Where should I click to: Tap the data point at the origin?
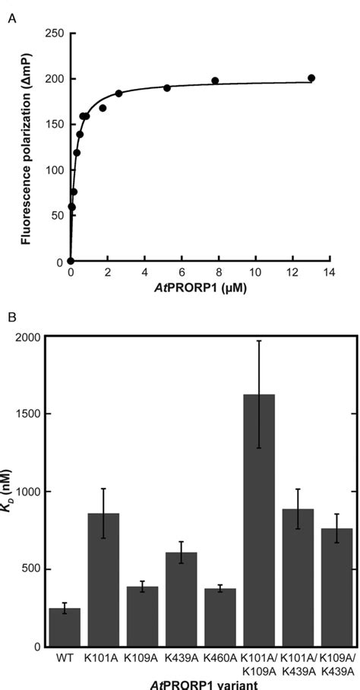[70, 261]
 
